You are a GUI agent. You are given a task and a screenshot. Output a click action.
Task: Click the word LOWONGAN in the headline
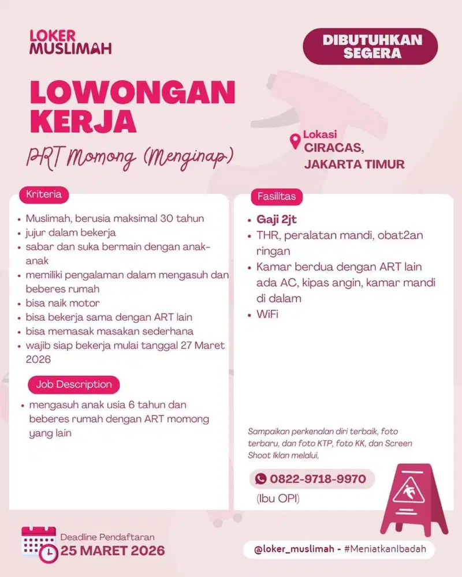133,92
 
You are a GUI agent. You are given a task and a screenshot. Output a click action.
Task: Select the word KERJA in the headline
83,122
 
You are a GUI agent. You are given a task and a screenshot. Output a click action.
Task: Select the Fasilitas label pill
276,196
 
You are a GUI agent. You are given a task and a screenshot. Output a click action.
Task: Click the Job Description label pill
73,384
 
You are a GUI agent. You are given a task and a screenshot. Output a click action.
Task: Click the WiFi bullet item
267,314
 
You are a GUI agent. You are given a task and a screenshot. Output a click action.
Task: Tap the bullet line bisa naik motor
64,303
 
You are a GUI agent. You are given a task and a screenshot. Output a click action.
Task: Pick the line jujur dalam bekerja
71,233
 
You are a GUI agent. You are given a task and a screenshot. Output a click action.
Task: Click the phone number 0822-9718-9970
318,479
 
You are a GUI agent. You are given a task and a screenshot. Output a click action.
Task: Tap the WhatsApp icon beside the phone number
261,479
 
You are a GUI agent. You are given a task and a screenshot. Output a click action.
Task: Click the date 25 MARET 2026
113,550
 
